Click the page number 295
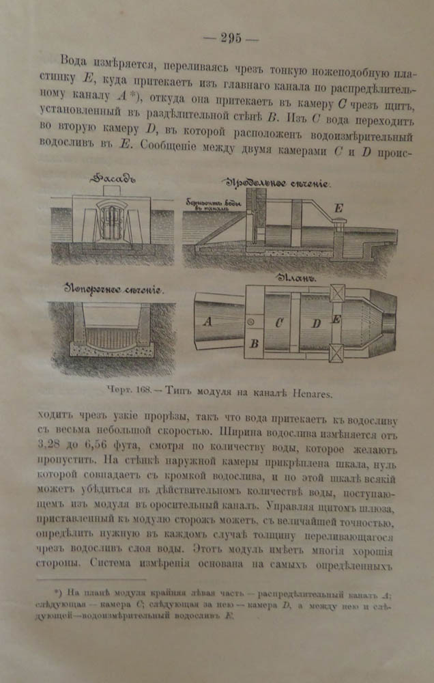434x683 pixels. (231, 38)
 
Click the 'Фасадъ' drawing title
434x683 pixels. (113, 179)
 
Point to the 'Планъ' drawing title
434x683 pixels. (294, 279)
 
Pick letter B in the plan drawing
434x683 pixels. (254, 344)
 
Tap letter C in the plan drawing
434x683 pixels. (279, 323)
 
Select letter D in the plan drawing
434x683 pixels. (316, 324)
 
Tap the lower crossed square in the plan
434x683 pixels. (338, 354)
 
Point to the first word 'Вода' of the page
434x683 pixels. (76, 60)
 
